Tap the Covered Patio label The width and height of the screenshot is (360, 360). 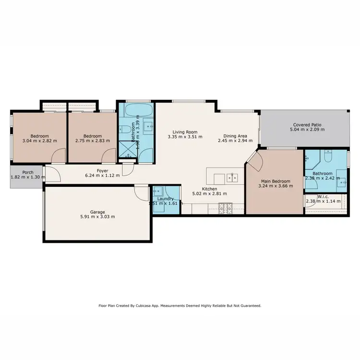[x=306, y=124]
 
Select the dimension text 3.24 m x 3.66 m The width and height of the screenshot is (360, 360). [x=275, y=186]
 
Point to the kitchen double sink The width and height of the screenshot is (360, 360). [x=234, y=178]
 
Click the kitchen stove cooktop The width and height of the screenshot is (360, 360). [x=226, y=207]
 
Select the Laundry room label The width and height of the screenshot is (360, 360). [x=166, y=198]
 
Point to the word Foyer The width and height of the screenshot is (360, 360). [x=102, y=170]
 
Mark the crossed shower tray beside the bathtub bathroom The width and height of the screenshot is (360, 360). [x=128, y=154]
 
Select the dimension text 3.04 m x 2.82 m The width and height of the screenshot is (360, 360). [x=39, y=141]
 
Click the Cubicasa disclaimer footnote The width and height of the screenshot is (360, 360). [x=180, y=305]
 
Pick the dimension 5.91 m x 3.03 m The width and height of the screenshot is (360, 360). [x=97, y=216]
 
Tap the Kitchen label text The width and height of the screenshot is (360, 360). [x=210, y=189]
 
